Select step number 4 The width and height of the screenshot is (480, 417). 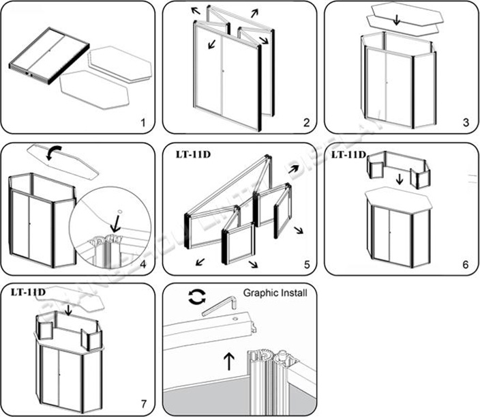click(142, 264)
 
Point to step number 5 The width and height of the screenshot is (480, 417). click(306, 264)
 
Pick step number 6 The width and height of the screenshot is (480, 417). click(466, 264)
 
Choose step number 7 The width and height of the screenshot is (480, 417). click(142, 404)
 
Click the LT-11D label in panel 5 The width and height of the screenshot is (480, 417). click(192, 154)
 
